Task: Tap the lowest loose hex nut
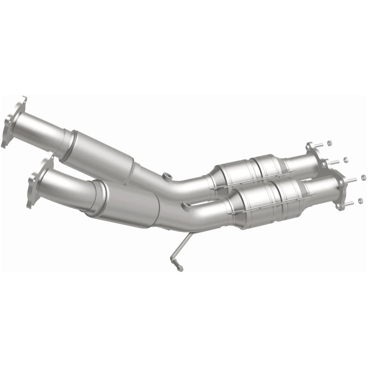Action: (360, 201)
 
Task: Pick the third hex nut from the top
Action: (363, 177)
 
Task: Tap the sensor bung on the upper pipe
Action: (167, 176)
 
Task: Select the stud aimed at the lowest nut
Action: (350, 202)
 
